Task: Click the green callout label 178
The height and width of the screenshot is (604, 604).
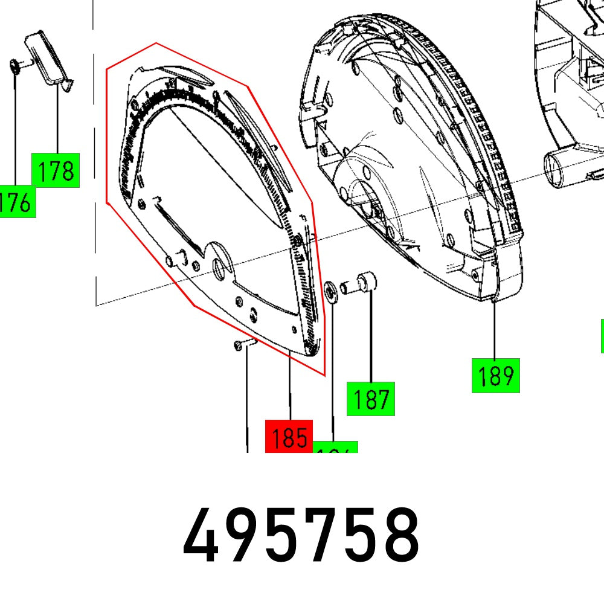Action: [56, 171]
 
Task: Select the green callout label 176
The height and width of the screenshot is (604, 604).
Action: [16, 202]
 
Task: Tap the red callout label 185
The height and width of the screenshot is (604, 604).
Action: [289, 436]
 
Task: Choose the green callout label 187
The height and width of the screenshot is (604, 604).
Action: [370, 399]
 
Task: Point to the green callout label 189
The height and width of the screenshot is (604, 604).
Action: [495, 376]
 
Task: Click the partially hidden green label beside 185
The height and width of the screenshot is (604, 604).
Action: [336, 448]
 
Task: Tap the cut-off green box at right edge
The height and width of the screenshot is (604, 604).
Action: [602, 335]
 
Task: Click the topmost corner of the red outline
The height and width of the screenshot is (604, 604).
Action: [156, 43]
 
